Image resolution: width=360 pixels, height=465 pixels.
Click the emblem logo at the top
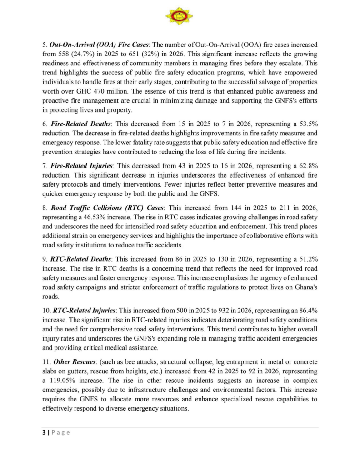click(179, 16)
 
